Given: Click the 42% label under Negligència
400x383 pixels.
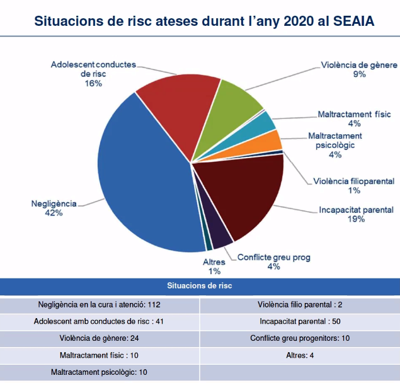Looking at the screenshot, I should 54,213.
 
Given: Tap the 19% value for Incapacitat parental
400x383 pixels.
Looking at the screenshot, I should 356,219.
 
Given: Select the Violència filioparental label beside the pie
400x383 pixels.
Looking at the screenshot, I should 353,181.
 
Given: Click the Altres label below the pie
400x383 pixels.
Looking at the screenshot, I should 214,262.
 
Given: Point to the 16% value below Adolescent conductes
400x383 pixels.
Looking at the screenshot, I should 93,83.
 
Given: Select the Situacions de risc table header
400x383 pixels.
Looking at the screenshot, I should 200,287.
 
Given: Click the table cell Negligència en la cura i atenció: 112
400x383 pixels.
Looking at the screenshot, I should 100,305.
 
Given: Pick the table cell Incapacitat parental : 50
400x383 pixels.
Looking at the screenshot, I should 299,321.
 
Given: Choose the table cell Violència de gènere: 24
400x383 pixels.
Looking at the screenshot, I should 100,338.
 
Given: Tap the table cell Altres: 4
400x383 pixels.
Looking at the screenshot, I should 299,355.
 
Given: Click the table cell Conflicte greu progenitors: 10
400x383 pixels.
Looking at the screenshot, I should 299,338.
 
